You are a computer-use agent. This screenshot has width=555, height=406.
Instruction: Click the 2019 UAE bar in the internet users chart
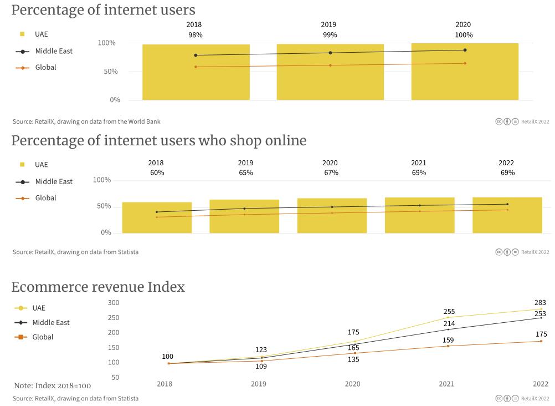(x=330, y=78)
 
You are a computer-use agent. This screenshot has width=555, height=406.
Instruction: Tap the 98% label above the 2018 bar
(x=195, y=35)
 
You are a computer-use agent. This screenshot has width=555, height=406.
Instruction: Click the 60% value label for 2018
(x=157, y=172)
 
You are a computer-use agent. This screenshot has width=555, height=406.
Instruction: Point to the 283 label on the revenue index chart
(x=540, y=303)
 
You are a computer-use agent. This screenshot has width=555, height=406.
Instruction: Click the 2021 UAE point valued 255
(x=448, y=317)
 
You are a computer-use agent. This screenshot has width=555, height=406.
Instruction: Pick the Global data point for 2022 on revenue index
(x=541, y=341)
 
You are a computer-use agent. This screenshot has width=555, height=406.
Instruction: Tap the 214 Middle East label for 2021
(x=449, y=324)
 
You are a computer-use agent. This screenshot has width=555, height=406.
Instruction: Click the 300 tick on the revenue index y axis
(x=114, y=303)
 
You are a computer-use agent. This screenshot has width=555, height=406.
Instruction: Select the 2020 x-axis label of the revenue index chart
(x=352, y=384)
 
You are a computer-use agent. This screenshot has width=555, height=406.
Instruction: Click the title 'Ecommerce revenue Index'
(x=98, y=287)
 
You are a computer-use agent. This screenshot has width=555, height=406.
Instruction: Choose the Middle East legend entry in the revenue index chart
(x=50, y=322)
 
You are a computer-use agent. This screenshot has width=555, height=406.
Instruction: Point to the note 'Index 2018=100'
(x=53, y=385)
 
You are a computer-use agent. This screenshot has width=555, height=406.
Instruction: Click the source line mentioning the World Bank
(x=86, y=121)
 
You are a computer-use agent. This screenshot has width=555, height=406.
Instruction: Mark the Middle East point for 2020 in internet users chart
(x=465, y=50)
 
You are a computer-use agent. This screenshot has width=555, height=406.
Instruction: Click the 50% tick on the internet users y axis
(x=111, y=72)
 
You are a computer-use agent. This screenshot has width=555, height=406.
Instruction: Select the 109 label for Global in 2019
(x=261, y=367)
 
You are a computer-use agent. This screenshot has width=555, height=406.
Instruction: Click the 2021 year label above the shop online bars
(x=419, y=163)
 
